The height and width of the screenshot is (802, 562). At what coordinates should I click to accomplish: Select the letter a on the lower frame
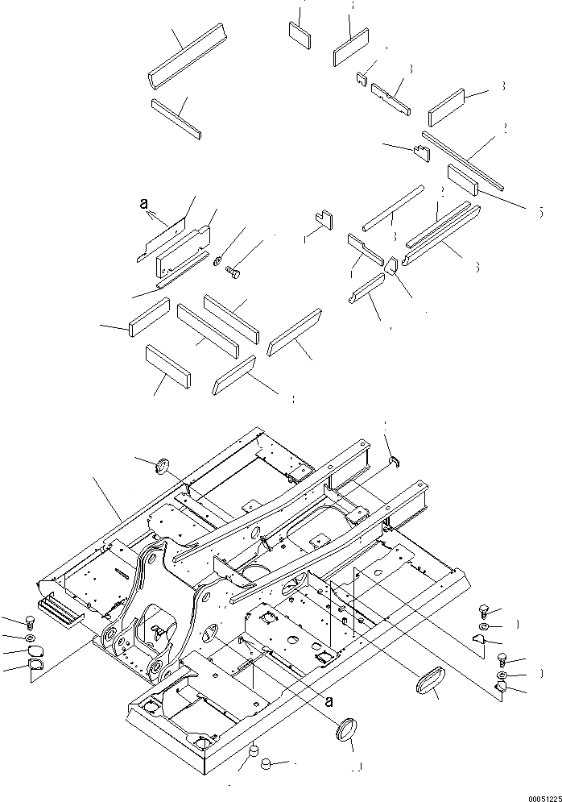(328, 700)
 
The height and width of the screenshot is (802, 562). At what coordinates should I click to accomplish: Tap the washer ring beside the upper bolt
(217, 260)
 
